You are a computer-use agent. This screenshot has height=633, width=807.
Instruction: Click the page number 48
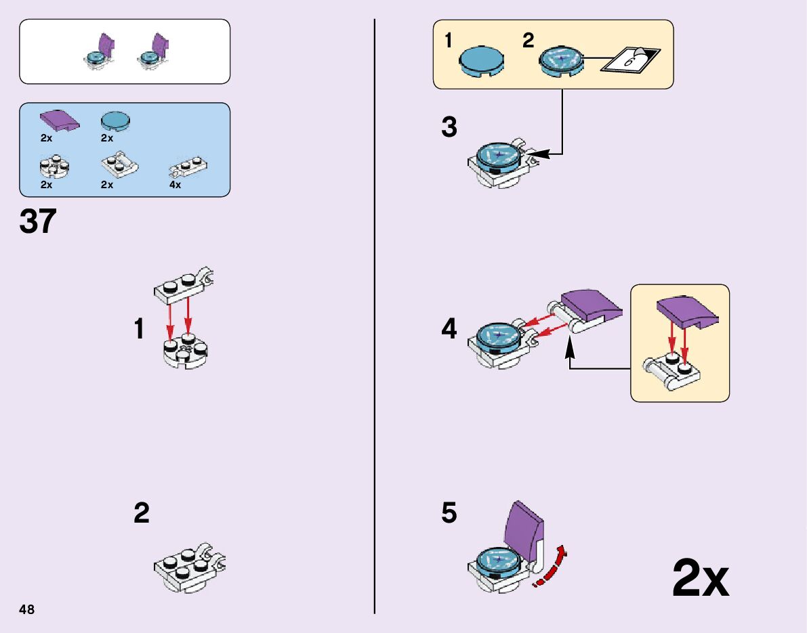(x=27, y=609)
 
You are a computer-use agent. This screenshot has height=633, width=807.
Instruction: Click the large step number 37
(x=39, y=221)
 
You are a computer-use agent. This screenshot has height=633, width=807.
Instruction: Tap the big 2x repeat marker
(x=700, y=579)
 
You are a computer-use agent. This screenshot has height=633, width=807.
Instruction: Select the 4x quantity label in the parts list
(x=175, y=185)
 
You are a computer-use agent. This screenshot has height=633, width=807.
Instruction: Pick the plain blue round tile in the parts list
(x=116, y=121)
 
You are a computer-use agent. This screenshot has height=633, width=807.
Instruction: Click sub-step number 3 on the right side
(x=449, y=127)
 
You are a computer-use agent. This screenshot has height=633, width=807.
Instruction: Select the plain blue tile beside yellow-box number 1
(x=482, y=60)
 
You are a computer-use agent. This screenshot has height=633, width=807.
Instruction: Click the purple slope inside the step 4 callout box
(x=688, y=309)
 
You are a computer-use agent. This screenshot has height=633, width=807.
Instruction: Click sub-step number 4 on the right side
(x=449, y=330)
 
